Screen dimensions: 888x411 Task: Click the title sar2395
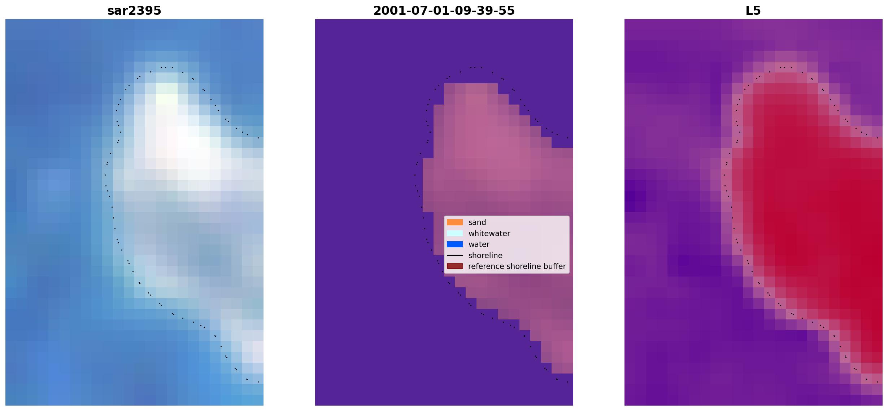[134, 11]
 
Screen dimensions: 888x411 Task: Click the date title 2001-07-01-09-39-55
[444, 11]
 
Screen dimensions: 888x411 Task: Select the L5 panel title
[753, 11]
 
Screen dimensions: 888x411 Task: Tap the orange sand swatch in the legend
[455, 222]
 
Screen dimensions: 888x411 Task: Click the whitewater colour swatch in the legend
[455, 233]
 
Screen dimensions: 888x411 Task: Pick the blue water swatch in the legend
[455, 244]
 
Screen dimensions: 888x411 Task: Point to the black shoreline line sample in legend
[455, 255]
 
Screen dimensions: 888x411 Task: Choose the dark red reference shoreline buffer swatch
[455, 266]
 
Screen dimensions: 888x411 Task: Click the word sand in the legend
[477, 222]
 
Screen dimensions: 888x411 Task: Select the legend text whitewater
[489, 234]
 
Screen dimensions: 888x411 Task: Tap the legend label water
[479, 244]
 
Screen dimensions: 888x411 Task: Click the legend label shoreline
[486, 256]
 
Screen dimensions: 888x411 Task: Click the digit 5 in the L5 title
[757, 11]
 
